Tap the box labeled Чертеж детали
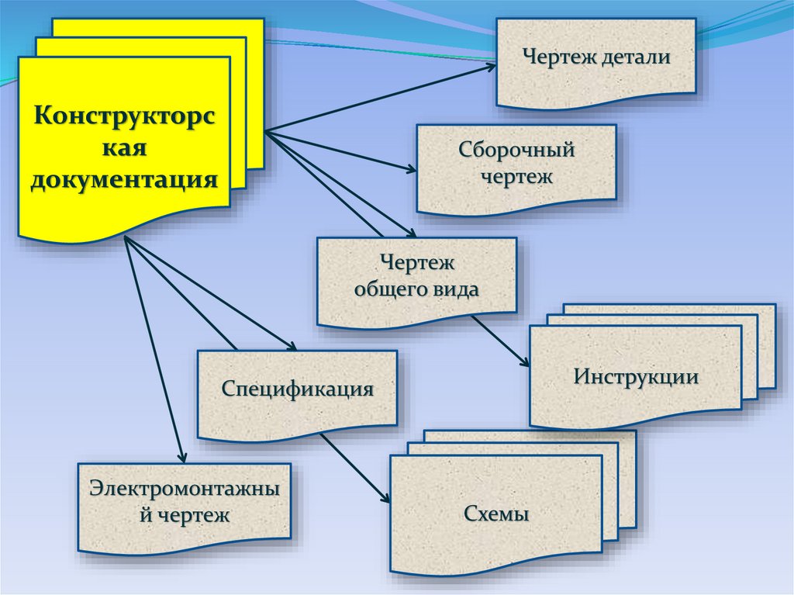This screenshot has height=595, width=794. (x=595, y=61)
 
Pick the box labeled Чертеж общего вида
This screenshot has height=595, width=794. (x=416, y=279)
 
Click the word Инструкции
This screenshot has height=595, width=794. (x=637, y=378)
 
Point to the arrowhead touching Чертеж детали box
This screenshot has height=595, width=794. (x=489, y=67)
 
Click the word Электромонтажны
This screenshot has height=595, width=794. (x=185, y=490)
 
